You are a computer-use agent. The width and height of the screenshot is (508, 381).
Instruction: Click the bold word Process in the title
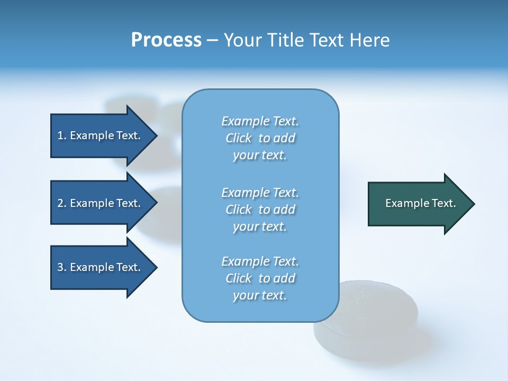[x=166, y=40]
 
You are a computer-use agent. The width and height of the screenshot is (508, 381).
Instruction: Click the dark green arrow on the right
[x=418, y=204]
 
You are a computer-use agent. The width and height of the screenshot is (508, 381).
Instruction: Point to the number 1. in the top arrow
[x=62, y=135]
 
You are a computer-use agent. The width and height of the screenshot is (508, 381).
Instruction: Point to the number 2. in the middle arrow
[x=62, y=203]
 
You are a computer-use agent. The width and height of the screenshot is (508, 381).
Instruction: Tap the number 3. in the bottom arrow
[x=62, y=267]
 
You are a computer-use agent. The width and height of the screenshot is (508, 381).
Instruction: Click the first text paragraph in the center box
[x=260, y=138]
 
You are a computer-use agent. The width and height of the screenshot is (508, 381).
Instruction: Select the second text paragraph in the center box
[x=260, y=210]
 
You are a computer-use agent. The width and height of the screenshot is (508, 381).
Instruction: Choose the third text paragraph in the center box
[x=260, y=278]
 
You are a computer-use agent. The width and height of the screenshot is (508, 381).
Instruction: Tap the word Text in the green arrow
[x=444, y=203]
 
